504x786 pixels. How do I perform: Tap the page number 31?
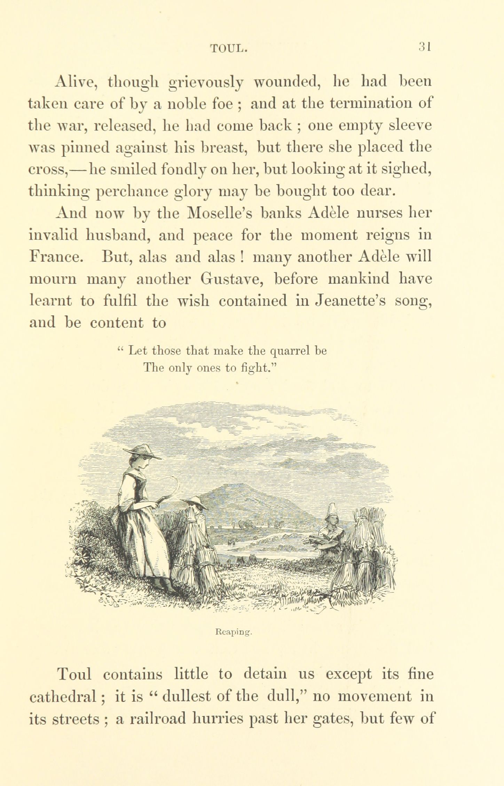coord(425,47)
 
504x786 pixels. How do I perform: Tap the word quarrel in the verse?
coord(291,351)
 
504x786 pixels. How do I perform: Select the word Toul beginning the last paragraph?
coord(74,674)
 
